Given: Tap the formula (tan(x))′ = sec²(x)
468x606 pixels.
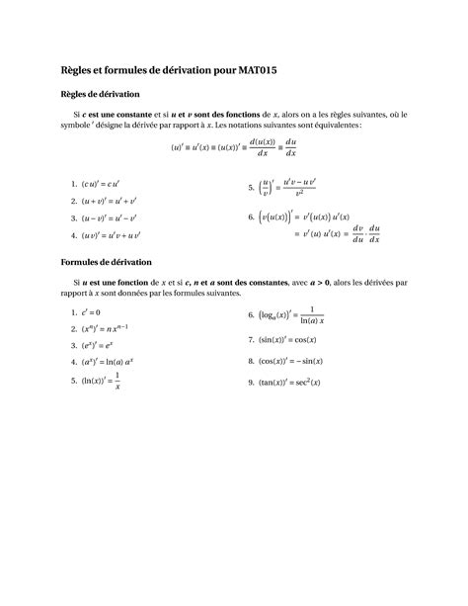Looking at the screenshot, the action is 302,384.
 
